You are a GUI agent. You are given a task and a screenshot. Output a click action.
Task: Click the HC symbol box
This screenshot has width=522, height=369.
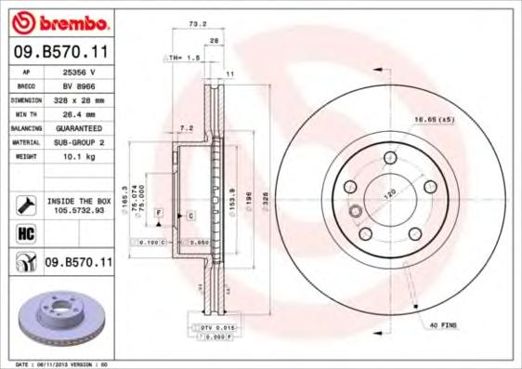coord(25,233)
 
